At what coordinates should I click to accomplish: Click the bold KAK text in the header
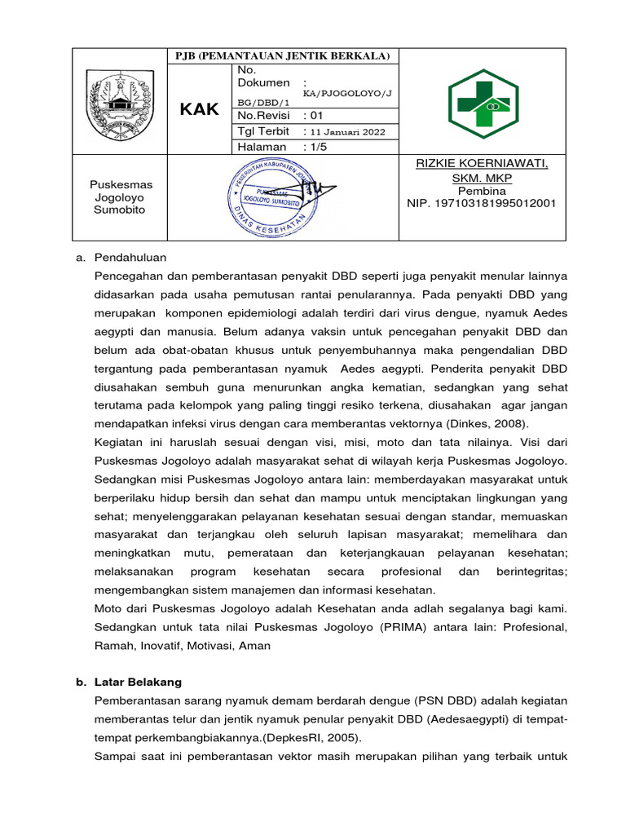point(200,109)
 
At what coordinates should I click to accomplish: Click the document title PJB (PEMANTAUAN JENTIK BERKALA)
point(283,55)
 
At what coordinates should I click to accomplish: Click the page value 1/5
point(317,147)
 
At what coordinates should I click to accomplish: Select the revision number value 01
point(315,116)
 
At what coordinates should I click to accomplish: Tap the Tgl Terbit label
point(262,131)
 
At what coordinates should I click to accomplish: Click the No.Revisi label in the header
point(264,116)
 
